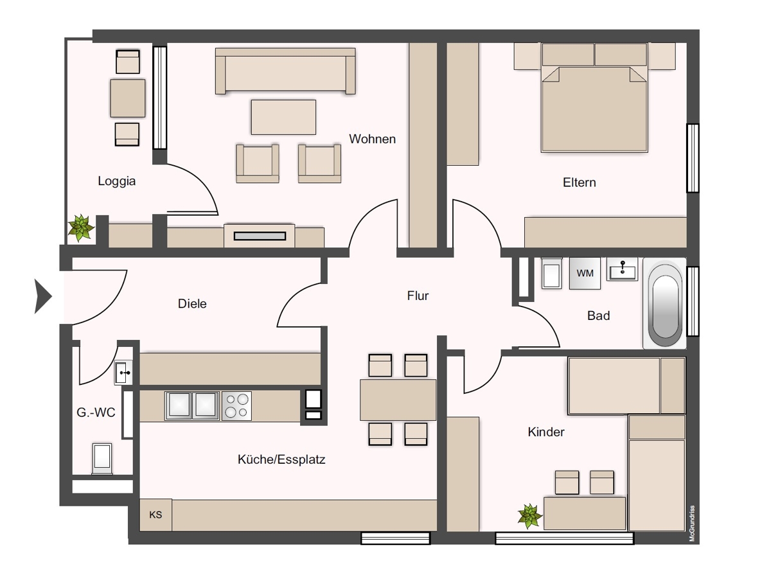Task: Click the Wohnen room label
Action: point(372,139)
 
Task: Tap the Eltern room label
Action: point(580,182)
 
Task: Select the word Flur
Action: point(418,296)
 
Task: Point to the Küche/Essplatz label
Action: point(281,459)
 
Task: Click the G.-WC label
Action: point(96,413)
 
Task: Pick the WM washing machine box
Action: point(585,273)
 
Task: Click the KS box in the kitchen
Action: point(155,515)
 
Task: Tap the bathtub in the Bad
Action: point(665,303)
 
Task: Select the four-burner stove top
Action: point(236,406)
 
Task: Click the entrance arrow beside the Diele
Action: point(43,296)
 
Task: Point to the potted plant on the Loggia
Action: point(81,228)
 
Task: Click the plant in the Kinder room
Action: point(529,516)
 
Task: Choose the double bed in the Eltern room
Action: point(594,98)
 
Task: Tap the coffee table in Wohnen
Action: point(283,117)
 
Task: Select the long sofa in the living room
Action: point(285,71)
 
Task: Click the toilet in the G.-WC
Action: point(102,459)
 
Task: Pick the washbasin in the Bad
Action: point(622,269)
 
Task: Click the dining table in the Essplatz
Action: point(398,400)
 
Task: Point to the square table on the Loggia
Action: point(127,98)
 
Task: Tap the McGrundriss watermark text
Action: point(691,524)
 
